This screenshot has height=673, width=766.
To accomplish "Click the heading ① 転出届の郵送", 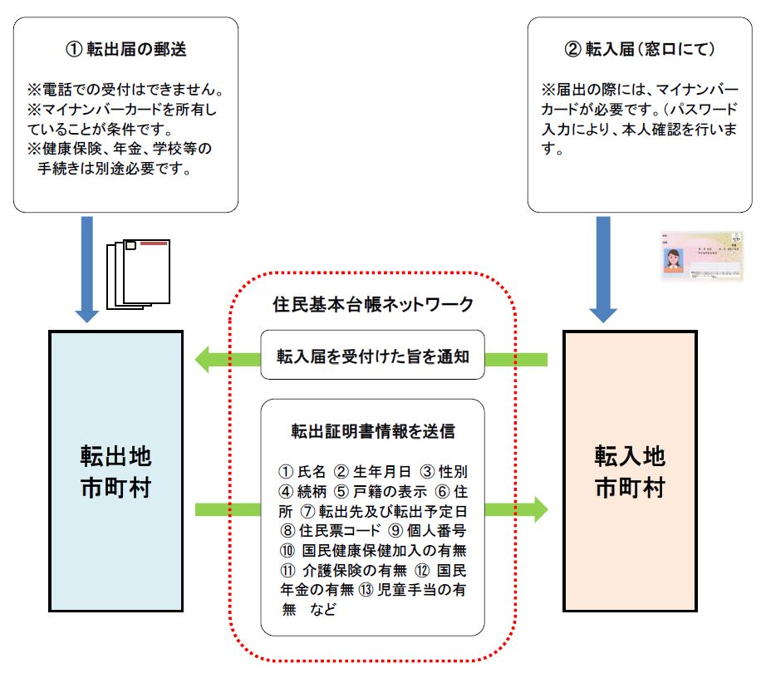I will [125, 49].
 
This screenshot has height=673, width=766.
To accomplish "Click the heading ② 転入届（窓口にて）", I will [639, 49].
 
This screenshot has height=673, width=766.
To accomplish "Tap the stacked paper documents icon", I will [139, 274].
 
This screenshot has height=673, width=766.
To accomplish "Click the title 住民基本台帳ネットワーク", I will [373, 304].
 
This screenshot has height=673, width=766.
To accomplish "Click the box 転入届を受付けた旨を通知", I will [372, 357].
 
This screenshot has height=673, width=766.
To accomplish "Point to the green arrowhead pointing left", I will [204, 359].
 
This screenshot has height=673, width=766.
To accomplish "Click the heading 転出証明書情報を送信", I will [372, 432].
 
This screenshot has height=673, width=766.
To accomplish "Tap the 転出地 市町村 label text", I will [115, 472].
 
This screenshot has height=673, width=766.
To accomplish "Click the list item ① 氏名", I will [305, 471].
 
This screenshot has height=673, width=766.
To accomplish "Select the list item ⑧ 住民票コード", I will [328, 529].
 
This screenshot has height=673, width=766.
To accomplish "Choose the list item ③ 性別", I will [438, 471].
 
